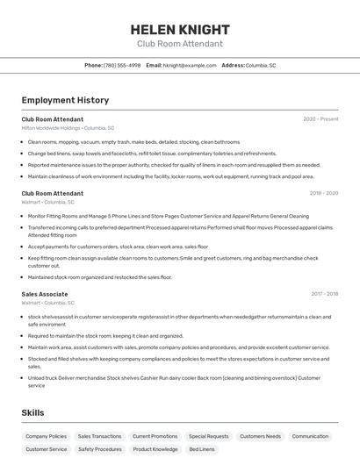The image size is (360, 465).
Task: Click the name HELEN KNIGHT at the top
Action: pyautogui.click(x=180, y=29)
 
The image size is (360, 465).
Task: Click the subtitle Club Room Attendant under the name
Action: pyautogui.click(x=180, y=44)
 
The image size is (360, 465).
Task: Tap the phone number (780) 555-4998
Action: pyautogui.click(x=122, y=65)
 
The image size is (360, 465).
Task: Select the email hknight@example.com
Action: pyautogui.click(x=190, y=65)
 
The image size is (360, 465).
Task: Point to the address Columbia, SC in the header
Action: pyautogui.click(x=261, y=65)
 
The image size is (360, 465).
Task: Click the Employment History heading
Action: pyautogui.click(x=65, y=100)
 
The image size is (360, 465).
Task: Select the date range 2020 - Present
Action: pyautogui.click(x=320, y=119)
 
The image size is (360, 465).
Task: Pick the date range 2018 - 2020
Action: pyautogui.click(x=323, y=193)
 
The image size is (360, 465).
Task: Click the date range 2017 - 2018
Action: pyautogui.click(x=324, y=294)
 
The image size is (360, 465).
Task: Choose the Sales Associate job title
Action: pyautogui.click(x=45, y=294)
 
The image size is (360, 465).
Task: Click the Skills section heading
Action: pyautogui.click(x=33, y=412)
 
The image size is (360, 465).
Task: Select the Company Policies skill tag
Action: pyautogui.click(x=46, y=436)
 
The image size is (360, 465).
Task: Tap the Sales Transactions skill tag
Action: pyautogui.click(x=99, y=436)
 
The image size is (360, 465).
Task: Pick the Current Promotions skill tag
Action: pyautogui.click(x=155, y=436)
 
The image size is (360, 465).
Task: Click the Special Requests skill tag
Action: pyautogui.click(x=208, y=436)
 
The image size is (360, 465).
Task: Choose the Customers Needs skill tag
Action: pyautogui.click(x=261, y=436)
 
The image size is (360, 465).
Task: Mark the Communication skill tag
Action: pyautogui.click(x=310, y=436)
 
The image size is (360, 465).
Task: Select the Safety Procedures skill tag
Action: pyautogui.click(x=99, y=449)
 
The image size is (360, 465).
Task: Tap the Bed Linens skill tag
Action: pyautogui.click(x=202, y=449)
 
